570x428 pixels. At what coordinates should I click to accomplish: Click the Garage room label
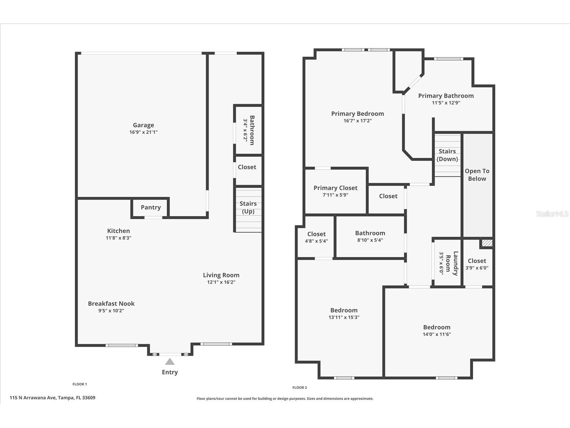tap(144, 125)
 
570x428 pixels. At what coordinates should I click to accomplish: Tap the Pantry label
tap(151, 207)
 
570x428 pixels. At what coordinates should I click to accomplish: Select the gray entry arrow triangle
tap(170, 362)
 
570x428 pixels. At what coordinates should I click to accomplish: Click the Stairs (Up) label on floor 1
tap(248, 207)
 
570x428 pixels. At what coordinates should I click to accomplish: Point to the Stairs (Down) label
tap(447, 155)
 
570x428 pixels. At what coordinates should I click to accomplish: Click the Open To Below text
tap(477, 175)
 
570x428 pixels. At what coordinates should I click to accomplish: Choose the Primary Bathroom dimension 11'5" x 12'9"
tap(446, 103)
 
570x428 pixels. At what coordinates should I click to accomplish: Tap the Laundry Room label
tap(452, 263)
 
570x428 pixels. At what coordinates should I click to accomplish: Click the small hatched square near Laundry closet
tap(487, 243)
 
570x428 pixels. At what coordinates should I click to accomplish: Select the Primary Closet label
tap(335, 188)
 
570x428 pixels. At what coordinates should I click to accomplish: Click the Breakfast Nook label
tap(111, 304)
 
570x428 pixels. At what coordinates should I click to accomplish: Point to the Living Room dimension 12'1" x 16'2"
tap(221, 282)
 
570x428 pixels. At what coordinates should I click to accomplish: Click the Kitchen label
tap(119, 231)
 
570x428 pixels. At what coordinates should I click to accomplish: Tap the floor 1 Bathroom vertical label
tap(252, 130)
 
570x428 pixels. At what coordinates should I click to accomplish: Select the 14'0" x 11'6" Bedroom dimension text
tap(437, 334)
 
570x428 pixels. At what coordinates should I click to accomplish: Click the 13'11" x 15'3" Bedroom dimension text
tap(344, 317)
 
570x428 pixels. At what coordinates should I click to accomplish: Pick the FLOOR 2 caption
tap(300, 387)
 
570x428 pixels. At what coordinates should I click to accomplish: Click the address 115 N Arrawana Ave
tap(52, 398)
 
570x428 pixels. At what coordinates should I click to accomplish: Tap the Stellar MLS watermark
tap(552, 214)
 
